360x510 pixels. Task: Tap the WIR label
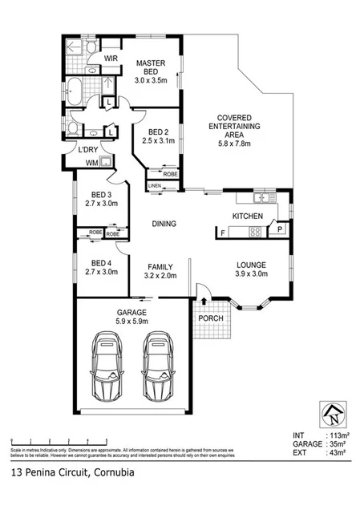pos(111,58)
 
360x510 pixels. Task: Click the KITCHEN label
pos(247,217)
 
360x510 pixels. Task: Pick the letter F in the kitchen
pos(221,233)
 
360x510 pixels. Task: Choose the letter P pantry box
pos(279,229)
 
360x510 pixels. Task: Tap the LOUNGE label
pos(250,265)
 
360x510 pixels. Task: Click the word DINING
pos(164,224)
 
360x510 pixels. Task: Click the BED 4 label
pos(100,262)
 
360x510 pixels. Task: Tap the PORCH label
pos(211,318)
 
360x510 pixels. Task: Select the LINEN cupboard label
pos(155,186)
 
